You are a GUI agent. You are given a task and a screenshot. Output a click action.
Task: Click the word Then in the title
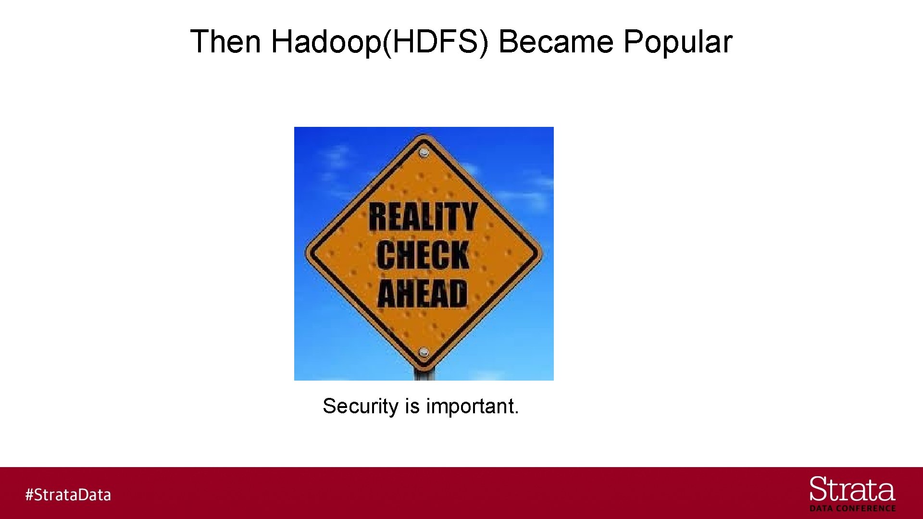click(225, 41)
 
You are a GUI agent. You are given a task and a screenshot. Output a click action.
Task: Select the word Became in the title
click(556, 41)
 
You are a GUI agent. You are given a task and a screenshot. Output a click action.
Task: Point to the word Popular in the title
click(678, 41)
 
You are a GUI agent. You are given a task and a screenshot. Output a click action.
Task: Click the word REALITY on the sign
click(423, 217)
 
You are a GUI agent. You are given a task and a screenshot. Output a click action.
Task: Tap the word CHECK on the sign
click(423, 255)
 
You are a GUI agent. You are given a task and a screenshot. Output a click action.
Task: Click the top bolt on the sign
click(424, 153)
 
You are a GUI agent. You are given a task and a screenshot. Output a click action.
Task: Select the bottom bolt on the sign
click(424, 353)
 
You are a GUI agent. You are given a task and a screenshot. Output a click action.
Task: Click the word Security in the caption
click(361, 407)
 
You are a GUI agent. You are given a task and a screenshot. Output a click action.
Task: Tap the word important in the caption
click(470, 407)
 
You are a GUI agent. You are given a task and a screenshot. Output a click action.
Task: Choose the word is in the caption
click(412, 407)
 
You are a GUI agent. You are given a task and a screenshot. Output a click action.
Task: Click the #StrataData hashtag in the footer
click(68, 495)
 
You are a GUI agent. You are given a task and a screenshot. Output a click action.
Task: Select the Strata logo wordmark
click(852, 490)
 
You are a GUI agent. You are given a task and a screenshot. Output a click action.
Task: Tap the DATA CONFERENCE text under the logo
click(852, 508)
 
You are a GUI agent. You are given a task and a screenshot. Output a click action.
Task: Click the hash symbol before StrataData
click(29, 495)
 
